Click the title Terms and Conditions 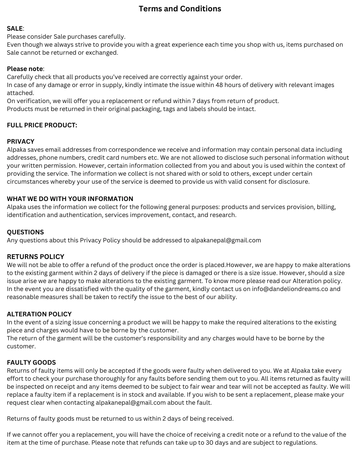click(180, 9)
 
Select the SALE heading click(15, 29)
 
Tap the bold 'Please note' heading click(25, 69)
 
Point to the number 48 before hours click(219, 85)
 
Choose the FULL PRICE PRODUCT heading click(42, 125)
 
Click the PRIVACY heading click(21, 142)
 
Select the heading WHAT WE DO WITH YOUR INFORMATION click(70, 199)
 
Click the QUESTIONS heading click(25, 232)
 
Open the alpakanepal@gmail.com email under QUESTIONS click(226, 240)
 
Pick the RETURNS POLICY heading click(36, 257)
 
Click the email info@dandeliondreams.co click(290, 289)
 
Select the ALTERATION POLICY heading click(39, 314)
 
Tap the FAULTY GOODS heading click(31, 363)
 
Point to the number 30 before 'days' click(210, 443)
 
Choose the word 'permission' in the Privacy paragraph click(60, 166)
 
